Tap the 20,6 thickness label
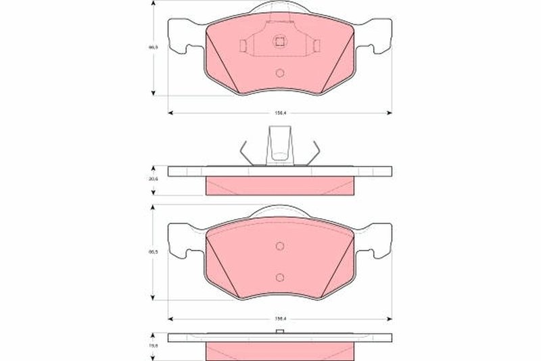click(153, 179)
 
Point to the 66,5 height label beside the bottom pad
click(153, 253)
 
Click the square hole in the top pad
click(279, 41)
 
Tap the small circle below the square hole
click(279, 75)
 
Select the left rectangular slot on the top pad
click(243, 45)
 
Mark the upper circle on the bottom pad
click(279, 246)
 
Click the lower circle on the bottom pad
click(279, 277)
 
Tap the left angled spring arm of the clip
click(248, 152)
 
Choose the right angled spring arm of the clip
click(311, 152)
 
